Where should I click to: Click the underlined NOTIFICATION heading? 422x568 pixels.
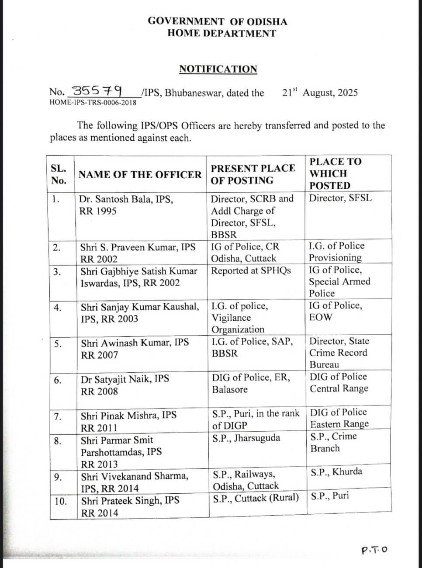(218, 69)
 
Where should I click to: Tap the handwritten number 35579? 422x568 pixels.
(97, 91)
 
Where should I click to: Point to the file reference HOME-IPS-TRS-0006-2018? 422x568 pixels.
(93, 103)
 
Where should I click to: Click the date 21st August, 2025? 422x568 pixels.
(320, 93)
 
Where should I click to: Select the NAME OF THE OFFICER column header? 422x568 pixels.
(140, 175)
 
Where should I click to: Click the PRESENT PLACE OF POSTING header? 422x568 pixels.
(253, 174)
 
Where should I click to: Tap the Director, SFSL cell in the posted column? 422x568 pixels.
(341, 198)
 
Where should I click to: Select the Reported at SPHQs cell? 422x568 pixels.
(251, 270)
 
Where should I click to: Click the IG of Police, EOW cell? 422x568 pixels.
(336, 311)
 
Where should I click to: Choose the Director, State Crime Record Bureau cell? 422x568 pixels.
(339, 353)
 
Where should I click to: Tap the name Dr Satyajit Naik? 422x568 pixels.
(125, 379)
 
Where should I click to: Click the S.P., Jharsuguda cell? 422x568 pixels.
(246, 438)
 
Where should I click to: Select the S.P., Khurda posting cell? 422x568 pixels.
(336, 472)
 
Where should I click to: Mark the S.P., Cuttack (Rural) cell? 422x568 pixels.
(256, 498)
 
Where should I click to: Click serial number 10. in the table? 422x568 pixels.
(61, 501)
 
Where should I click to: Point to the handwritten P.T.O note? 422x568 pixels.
(374, 550)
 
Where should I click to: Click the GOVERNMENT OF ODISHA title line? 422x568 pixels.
(217, 21)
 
